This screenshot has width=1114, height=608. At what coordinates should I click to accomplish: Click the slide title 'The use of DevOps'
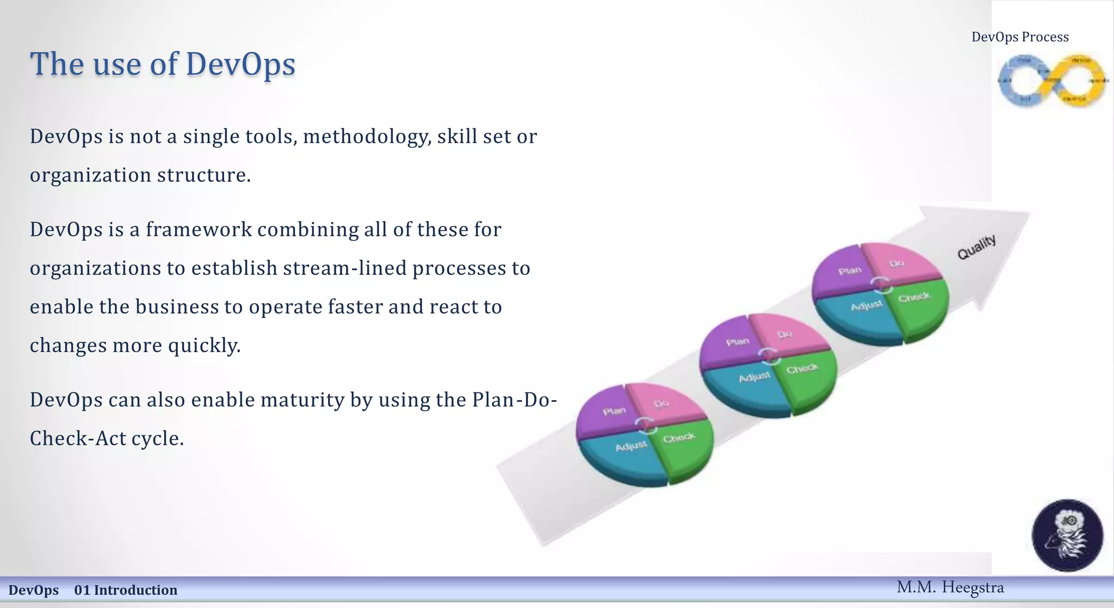point(163,64)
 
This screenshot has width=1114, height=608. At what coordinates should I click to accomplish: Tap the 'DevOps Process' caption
point(1020,37)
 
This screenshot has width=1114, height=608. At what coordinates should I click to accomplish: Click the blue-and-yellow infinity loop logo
point(1053,81)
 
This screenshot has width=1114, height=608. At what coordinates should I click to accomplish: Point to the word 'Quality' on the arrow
point(977,247)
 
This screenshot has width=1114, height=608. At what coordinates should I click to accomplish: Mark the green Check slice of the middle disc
point(808,376)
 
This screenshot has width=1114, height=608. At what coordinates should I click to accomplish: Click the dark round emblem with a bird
point(1067,535)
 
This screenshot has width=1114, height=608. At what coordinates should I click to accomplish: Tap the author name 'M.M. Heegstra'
point(950,587)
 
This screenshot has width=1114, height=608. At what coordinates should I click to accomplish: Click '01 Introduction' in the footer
point(126,590)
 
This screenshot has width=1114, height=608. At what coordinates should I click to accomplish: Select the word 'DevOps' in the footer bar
point(33,590)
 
